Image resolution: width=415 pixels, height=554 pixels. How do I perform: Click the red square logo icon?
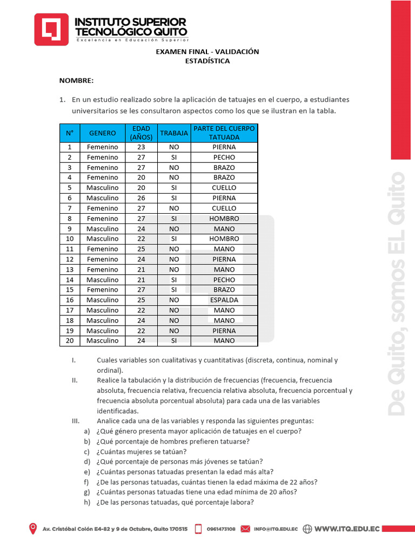click(x=51, y=29)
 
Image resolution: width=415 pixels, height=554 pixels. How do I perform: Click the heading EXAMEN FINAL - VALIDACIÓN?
click(x=207, y=51)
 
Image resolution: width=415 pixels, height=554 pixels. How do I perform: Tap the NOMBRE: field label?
click(x=76, y=81)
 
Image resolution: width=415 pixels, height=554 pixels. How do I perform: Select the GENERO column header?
click(x=103, y=133)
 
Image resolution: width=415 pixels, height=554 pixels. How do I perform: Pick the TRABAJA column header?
click(x=174, y=133)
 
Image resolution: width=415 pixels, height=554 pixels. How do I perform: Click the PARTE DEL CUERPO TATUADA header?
click(x=224, y=133)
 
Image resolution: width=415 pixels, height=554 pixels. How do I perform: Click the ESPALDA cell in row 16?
click(x=224, y=300)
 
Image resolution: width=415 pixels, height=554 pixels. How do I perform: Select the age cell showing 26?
click(x=141, y=198)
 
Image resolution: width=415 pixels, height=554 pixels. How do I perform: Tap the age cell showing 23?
click(x=141, y=147)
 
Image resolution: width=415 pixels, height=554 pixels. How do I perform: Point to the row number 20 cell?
click(x=69, y=341)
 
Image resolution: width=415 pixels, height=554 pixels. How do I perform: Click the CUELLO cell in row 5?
click(x=224, y=188)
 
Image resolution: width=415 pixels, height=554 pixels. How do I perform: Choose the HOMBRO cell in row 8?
click(x=224, y=219)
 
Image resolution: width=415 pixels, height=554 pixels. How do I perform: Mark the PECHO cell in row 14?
click(x=224, y=280)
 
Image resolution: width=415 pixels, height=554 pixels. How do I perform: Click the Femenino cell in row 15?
click(x=103, y=290)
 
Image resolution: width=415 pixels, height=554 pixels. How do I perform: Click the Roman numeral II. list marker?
click(x=75, y=380)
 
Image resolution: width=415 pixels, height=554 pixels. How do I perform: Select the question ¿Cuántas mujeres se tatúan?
click(x=142, y=452)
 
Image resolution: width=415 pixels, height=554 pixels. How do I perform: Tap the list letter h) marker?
click(x=86, y=503)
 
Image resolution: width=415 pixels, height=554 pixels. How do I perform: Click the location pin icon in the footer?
click(x=34, y=529)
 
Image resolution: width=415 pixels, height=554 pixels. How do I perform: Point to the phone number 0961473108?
click(x=220, y=529)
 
